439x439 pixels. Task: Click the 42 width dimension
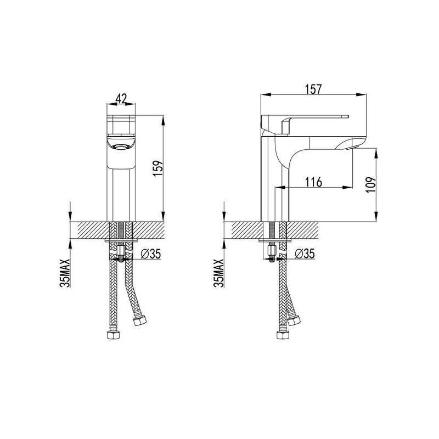pos(121,98)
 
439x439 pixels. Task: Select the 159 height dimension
pos(158,168)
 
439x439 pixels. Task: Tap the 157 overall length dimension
pos(313,89)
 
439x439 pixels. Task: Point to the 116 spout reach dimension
pos(313,182)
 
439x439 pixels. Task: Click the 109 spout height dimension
pos(371,185)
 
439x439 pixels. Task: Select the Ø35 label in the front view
pos(151,254)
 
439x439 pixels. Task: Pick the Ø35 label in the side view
pos(305,254)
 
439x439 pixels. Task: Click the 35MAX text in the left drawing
pos(65,273)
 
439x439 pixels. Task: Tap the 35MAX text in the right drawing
pos(218,273)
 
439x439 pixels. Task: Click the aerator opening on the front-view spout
pos(121,146)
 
